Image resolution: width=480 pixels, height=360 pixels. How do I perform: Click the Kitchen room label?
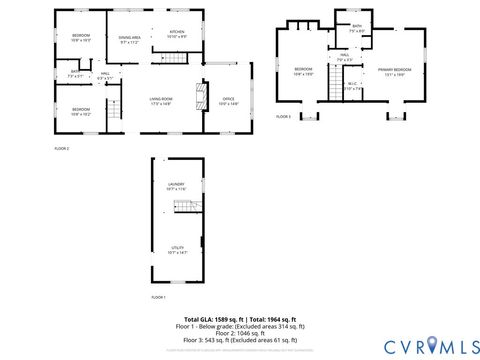coord(177,34)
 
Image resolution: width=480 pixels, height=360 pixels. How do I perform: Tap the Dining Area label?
coord(130,40)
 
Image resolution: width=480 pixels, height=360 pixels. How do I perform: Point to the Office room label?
coord(228,101)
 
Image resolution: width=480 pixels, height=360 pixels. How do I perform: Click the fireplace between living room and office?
coord(200,97)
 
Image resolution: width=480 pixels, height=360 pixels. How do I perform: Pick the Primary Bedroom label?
coord(392,72)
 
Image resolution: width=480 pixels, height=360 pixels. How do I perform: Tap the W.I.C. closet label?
coord(353,87)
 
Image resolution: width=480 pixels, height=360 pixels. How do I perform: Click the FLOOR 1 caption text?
coord(159,297)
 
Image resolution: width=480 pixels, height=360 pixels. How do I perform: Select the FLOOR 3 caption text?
coord(283,117)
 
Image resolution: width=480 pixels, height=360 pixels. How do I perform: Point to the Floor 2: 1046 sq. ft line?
coord(240,333)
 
